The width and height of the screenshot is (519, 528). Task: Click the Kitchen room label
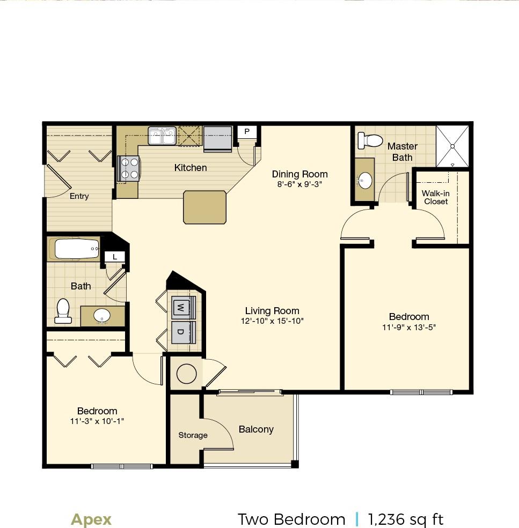click(x=191, y=168)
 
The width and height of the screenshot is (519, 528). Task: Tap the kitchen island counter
click(x=205, y=207)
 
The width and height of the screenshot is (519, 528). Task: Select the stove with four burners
click(x=128, y=168)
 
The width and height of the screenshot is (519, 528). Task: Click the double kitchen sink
click(x=163, y=136)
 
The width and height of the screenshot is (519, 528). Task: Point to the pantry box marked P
click(x=247, y=132)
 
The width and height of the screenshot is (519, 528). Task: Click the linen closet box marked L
click(x=115, y=257)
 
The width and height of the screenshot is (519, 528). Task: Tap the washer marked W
click(x=181, y=307)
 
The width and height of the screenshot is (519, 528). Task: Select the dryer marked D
click(x=181, y=332)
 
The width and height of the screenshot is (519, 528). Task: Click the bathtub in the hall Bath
click(x=75, y=249)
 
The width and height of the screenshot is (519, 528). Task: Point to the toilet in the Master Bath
click(x=369, y=140)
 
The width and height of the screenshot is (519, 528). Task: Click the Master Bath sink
click(x=366, y=180)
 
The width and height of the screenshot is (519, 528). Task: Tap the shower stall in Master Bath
click(x=452, y=146)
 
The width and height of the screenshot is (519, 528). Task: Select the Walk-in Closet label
click(x=435, y=197)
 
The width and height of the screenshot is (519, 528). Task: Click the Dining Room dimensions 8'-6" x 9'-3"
click(x=299, y=184)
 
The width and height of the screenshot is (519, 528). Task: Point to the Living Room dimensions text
click(x=272, y=321)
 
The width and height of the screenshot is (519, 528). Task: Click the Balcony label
click(x=256, y=429)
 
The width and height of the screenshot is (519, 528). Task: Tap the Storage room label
click(x=193, y=435)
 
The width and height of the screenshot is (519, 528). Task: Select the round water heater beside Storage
click(x=186, y=374)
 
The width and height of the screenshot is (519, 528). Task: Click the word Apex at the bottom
click(x=91, y=519)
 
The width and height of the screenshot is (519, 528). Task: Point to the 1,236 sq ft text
click(x=406, y=519)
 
